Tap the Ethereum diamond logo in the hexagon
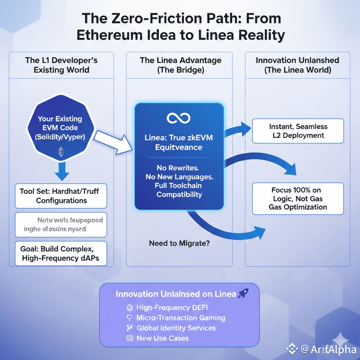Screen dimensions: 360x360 [x=61, y=152]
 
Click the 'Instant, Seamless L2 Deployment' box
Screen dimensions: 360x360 [x=298, y=131]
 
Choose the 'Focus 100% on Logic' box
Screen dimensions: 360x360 [x=298, y=198]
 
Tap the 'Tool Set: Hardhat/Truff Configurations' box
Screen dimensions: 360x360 [x=61, y=196]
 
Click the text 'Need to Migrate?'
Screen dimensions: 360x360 [x=179, y=243]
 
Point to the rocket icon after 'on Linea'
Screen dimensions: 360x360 [x=243, y=294]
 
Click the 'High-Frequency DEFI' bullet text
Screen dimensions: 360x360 [x=172, y=307]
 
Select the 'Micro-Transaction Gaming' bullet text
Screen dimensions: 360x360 [x=181, y=317]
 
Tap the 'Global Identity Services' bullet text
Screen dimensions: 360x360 [x=176, y=328]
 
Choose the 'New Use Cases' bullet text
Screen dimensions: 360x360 [x=163, y=338]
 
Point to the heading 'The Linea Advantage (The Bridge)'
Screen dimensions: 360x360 [x=180, y=65]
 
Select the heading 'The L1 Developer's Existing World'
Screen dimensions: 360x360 [x=61, y=65]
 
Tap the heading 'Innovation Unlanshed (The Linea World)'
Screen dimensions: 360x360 [x=297, y=65]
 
